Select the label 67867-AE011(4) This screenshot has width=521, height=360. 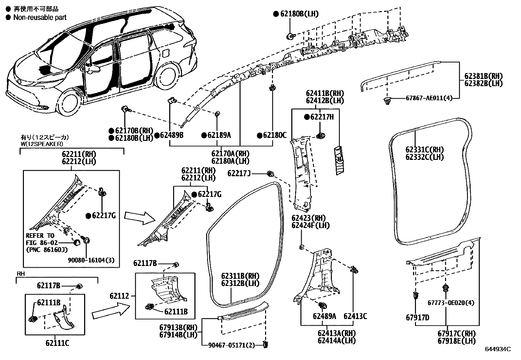click(429, 98)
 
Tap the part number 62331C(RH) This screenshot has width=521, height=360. click(424, 150)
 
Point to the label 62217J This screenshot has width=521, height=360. click(239, 173)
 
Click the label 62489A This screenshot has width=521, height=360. click(324, 316)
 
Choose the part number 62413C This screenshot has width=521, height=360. click(355, 316)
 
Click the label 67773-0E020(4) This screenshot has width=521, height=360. click(450, 303)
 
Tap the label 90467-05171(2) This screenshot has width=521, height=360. click(231, 345)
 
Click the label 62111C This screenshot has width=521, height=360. click(57, 343)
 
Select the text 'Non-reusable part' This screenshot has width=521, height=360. click(40, 17)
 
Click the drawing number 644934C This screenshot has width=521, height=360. click(498, 349)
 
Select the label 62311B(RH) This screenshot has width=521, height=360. click(240, 276)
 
